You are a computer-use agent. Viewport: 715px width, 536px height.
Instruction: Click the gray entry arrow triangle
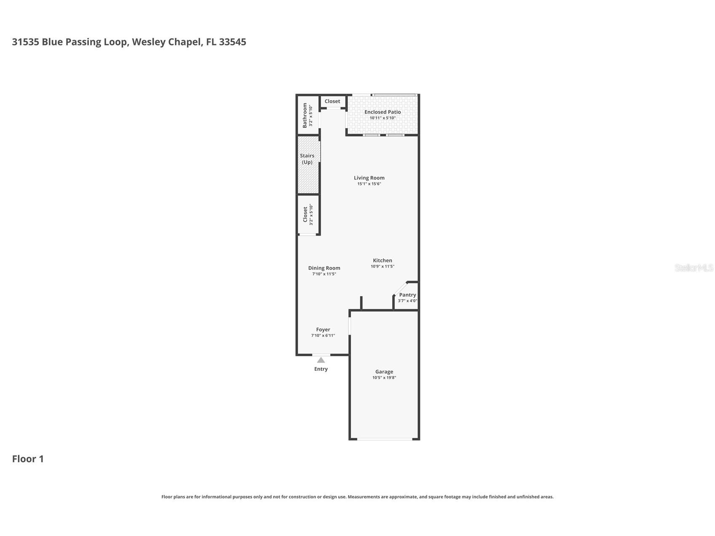tap(321, 360)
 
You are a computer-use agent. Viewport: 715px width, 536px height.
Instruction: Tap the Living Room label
tap(369, 178)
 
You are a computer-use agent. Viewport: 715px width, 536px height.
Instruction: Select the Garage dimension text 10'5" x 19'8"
tap(384, 378)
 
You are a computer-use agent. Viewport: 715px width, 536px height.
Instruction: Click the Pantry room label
tap(407, 295)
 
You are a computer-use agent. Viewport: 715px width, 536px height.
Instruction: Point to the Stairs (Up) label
tap(307, 159)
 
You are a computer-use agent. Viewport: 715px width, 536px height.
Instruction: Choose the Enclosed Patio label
tap(383, 112)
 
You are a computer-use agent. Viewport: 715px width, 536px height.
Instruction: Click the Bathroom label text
tap(305, 115)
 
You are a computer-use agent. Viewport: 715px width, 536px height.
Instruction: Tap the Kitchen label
tap(383, 260)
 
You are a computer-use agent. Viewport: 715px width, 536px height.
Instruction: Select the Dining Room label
tap(324, 268)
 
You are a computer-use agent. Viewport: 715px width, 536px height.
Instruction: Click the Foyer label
tap(323, 330)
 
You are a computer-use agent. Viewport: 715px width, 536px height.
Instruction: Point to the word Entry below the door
tap(321, 369)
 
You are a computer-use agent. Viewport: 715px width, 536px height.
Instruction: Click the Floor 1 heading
tap(28, 459)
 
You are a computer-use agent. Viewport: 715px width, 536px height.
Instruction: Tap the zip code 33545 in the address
tap(233, 42)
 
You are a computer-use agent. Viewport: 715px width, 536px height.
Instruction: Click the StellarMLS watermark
tap(694, 268)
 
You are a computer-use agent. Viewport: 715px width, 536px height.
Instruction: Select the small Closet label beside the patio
tap(332, 101)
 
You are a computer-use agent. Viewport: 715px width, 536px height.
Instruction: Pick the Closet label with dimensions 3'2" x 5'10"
tap(305, 214)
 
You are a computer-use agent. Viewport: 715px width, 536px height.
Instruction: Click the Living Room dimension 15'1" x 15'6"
tap(369, 184)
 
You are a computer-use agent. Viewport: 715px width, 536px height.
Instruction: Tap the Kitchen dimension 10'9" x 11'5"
tap(383, 266)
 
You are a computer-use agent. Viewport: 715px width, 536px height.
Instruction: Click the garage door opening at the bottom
tap(385, 439)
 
